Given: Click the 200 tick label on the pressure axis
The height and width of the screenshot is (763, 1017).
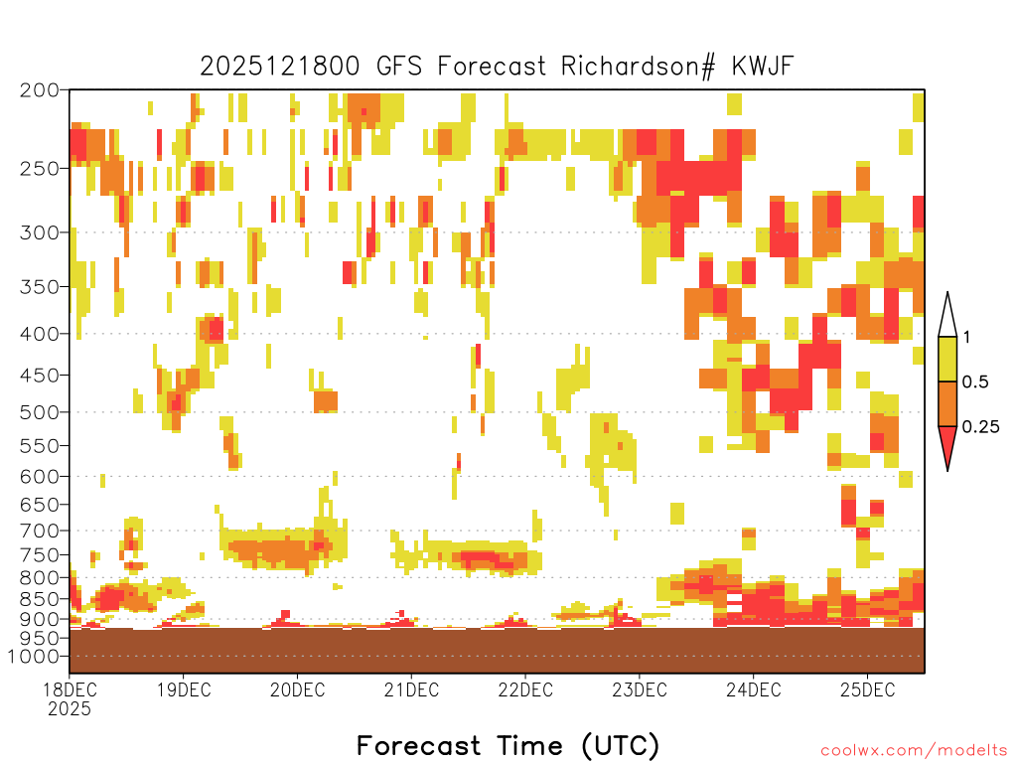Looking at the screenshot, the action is pyautogui.click(x=40, y=90).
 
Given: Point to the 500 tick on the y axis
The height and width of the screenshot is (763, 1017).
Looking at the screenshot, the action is pyautogui.click(x=40, y=412).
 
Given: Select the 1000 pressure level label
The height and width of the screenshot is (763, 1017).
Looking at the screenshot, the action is pyautogui.click(x=34, y=656).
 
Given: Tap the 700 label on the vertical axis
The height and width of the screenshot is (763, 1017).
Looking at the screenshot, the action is pyautogui.click(x=40, y=531).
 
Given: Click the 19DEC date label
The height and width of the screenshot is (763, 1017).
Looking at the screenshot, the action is pyautogui.click(x=184, y=689).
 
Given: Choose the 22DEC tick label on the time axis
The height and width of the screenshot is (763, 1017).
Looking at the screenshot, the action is pyautogui.click(x=525, y=689).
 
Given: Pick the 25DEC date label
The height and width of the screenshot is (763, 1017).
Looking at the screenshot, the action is pyautogui.click(x=868, y=689).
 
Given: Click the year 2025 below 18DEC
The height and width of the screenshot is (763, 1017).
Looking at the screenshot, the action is pyautogui.click(x=70, y=709).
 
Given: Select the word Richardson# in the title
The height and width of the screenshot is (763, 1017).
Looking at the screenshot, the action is pyautogui.click(x=639, y=67).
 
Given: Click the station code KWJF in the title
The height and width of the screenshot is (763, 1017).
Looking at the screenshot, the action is pyautogui.click(x=763, y=67).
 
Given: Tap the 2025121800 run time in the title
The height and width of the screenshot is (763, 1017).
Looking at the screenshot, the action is pyautogui.click(x=279, y=67).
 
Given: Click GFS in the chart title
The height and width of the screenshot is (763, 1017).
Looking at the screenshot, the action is pyautogui.click(x=399, y=67).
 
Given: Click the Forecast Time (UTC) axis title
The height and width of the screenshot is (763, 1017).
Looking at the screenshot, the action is pyautogui.click(x=508, y=746).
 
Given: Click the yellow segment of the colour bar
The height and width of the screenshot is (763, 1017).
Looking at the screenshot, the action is pyautogui.click(x=947, y=359).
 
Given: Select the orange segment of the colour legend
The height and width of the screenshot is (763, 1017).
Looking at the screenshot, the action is pyautogui.click(x=947, y=403).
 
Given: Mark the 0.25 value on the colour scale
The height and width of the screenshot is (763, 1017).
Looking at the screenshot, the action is pyautogui.click(x=980, y=427).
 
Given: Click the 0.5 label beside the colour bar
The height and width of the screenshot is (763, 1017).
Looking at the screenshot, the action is pyautogui.click(x=975, y=382).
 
